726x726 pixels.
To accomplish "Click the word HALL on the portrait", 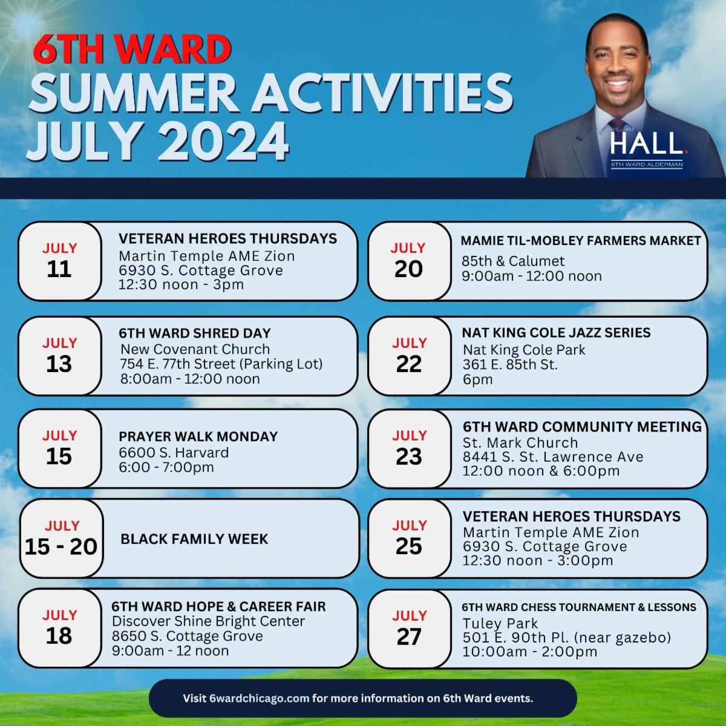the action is [647, 143].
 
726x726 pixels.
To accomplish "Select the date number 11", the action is [59, 269].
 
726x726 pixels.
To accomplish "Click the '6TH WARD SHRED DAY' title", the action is [195, 333].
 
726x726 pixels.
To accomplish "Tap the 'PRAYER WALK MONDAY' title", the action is [198, 436].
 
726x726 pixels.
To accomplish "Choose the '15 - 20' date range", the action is [61, 546].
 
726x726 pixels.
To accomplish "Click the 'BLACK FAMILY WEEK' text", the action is [194, 539].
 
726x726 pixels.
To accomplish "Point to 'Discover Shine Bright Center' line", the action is [208, 621].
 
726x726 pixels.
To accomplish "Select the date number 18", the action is [59, 636].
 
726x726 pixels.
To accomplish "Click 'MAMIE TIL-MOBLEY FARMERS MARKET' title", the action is [581, 240].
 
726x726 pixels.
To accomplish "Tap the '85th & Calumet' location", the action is [513, 261].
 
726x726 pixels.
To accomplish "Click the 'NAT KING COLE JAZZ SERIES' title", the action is [556, 332].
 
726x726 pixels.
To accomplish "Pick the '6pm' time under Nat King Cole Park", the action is [477, 379].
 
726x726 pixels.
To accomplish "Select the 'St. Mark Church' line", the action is [520, 442].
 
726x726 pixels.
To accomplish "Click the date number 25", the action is [409, 546].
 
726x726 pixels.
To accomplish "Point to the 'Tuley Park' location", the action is [500, 623].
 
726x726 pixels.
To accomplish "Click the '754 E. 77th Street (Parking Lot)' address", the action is [221, 364].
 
